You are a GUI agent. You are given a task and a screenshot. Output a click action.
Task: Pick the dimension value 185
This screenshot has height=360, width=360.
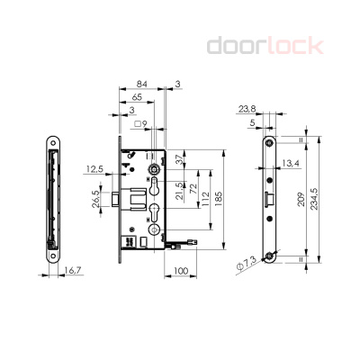tap(220, 195)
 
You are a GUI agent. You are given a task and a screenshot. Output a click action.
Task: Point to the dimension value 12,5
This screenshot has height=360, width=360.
tap(95, 168)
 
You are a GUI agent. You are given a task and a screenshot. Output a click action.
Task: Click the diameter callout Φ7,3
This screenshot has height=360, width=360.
tap(246, 265)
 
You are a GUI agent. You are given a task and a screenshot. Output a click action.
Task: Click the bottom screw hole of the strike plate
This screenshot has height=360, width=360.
tap(271, 256)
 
